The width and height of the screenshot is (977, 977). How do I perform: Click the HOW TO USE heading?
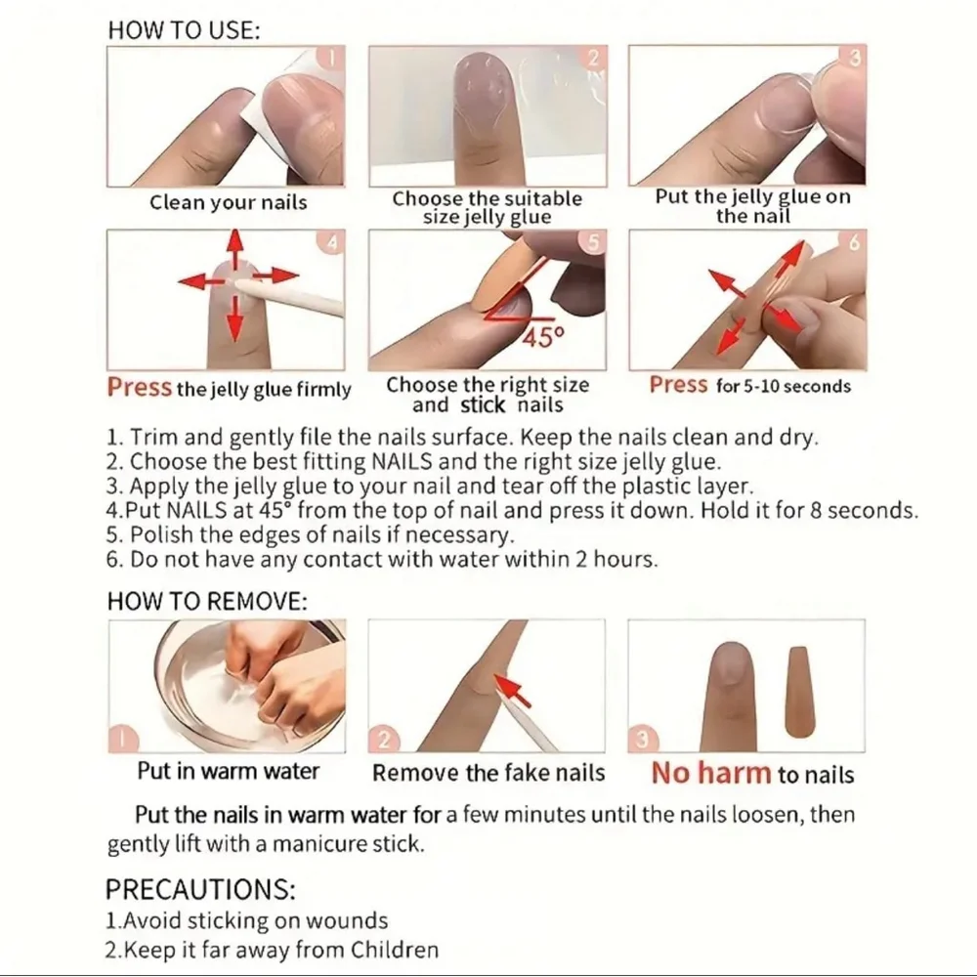coord(184,30)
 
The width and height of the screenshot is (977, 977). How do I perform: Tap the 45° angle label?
coord(543,338)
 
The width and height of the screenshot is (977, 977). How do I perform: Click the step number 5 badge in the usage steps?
coord(593,241)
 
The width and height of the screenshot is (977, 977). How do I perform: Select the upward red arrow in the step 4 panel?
coord(234,250)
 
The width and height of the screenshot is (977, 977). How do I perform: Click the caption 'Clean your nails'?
coord(228,202)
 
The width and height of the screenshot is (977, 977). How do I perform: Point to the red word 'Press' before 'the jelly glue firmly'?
coord(139,387)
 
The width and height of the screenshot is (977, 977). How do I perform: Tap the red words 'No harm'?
coord(711,773)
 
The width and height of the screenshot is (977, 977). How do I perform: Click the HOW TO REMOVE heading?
coord(207,601)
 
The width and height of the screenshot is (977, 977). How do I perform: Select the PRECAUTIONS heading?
coord(200,889)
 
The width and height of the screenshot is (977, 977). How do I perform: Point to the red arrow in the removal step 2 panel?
coord(515,691)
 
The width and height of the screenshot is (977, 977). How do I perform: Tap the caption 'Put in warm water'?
coord(228,771)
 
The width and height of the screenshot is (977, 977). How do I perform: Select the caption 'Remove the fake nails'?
coord(488,773)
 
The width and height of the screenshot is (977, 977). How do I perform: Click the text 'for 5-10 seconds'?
coord(784,386)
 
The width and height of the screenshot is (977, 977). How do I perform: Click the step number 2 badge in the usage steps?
coord(593,58)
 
